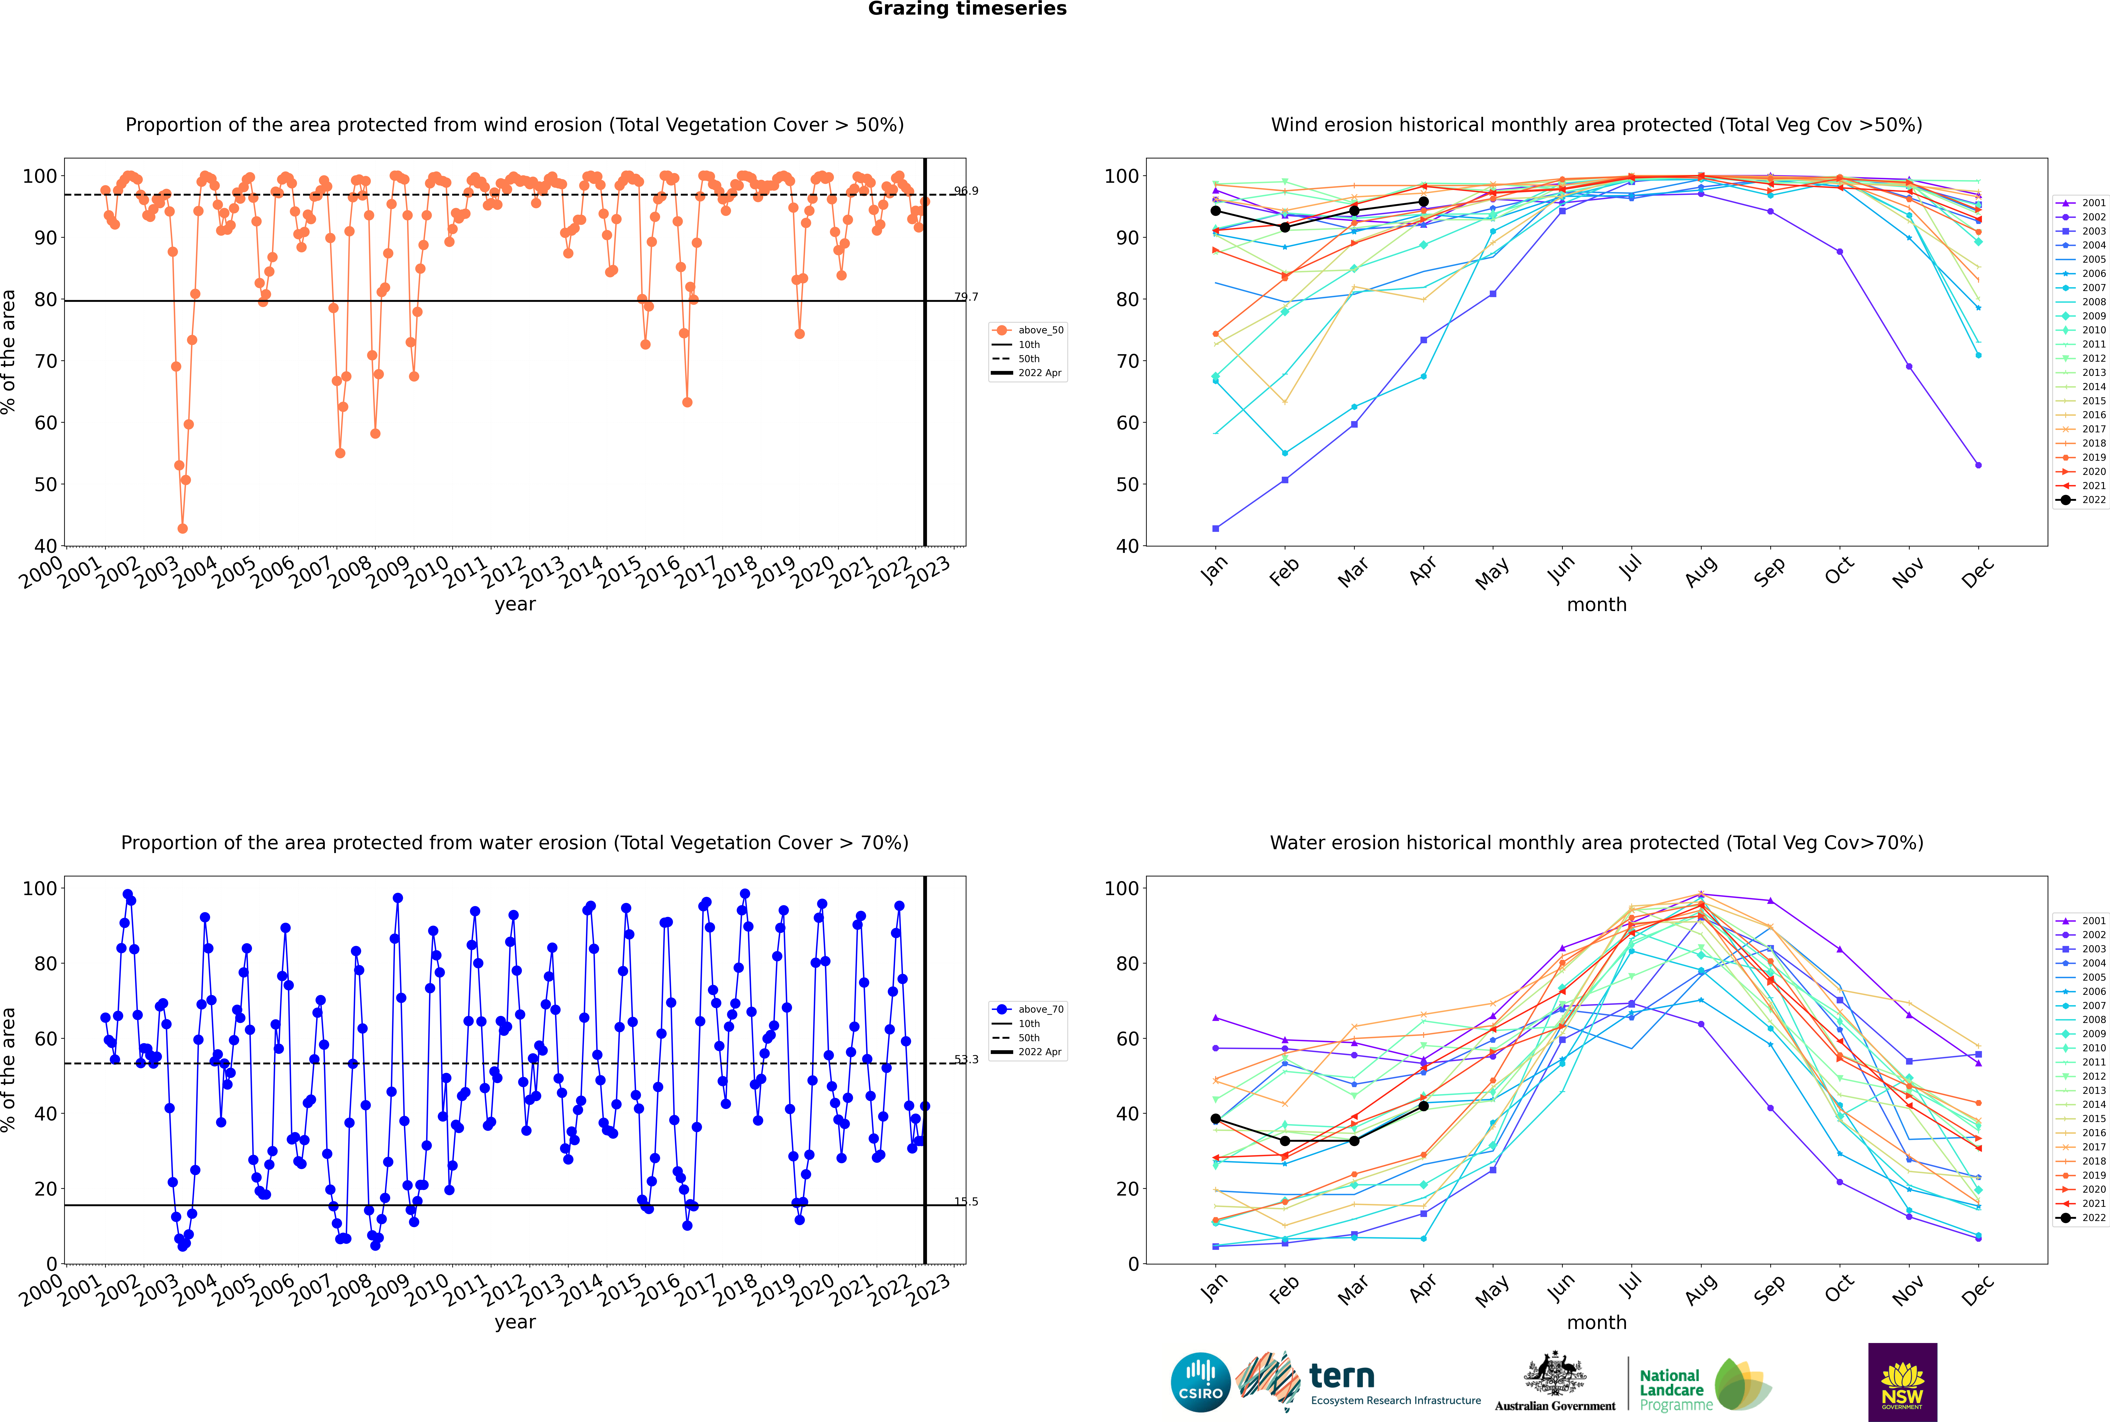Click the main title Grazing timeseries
(967, 9)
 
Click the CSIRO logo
(1200, 1382)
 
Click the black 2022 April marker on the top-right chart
(1423, 202)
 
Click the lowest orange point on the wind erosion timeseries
(182, 529)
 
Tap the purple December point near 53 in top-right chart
(1978, 465)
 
